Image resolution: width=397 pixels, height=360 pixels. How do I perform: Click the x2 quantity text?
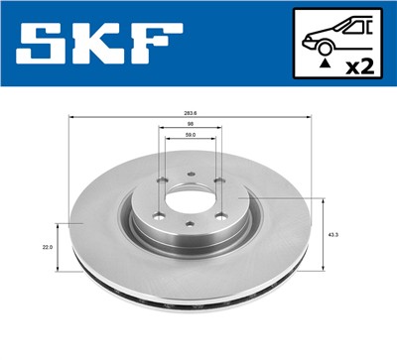[359, 68]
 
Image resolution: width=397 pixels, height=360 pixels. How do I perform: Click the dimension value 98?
[190, 125]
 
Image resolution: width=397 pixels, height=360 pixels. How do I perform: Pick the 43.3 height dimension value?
[331, 234]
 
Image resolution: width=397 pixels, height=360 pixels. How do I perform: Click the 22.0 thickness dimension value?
[46, 247]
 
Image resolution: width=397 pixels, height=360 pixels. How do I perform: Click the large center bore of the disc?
[190, 196]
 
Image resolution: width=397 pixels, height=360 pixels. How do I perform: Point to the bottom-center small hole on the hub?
[189, 227]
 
